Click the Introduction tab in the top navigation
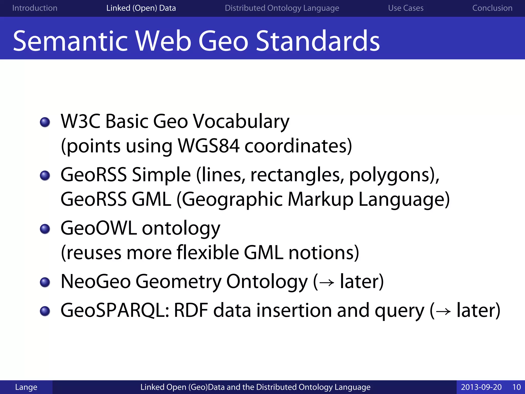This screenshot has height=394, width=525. (x=35, y=8)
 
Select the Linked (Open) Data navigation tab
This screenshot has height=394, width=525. (x=141, y=8)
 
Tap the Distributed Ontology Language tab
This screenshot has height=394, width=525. (x=282, y=8)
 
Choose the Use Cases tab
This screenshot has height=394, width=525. (x=406, y=8)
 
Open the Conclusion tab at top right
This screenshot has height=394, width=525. (x=492, y=8)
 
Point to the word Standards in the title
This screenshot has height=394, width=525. (x=318, y=41)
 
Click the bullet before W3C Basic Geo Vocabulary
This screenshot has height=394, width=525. (x=45, y=122)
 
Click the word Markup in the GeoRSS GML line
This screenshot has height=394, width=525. (x=320, y=199)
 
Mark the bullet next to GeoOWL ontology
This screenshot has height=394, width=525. (x=45, y=229)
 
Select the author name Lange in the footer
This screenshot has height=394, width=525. (x=26, y=387)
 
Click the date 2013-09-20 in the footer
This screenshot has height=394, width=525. (x=481, y=387)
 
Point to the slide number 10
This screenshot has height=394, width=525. (x=516, y=387)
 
